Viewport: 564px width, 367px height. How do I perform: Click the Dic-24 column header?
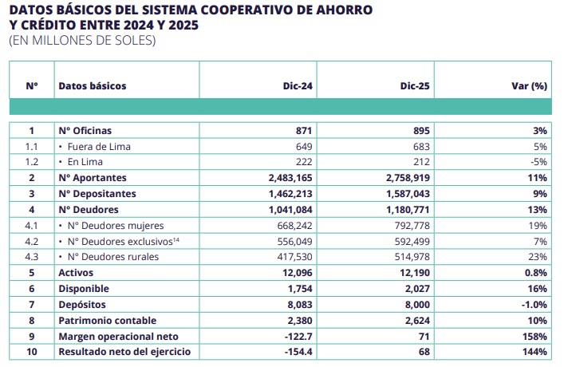(298, 86)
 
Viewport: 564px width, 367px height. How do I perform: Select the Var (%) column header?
(530, 86)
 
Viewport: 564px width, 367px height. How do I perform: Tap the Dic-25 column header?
(415, 86)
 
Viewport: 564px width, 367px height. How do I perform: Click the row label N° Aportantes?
(93, 178)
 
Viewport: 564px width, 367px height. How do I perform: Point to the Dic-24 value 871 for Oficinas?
(304, 131)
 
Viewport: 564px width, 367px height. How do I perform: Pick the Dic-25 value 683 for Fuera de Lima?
(421, 147)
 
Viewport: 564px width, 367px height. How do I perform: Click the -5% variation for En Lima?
(538, 162)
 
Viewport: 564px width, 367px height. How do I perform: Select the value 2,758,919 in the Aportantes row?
(408, 178)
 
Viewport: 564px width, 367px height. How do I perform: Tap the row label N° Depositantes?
(97, 194)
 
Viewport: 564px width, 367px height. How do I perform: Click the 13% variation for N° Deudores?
(538, 209)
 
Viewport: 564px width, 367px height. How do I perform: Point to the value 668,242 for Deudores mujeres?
(294, 226)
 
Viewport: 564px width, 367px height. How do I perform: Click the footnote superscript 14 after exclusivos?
(176, 239)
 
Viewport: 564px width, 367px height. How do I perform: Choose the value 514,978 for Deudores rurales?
(412, 257)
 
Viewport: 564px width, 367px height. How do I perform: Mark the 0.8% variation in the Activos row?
(536, 273)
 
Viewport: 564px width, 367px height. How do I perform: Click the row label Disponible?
(84, 289)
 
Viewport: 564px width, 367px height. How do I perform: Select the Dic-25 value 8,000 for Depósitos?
(417, 305)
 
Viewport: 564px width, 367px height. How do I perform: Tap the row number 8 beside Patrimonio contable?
(32, 321)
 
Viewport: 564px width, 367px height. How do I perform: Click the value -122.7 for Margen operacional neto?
(298, 337)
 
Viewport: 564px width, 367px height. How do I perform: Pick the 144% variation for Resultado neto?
(534, 352)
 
